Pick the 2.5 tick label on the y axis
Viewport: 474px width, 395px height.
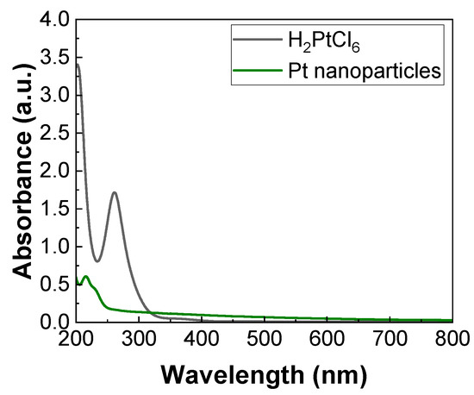(x=53, y=133)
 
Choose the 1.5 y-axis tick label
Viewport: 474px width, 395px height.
(x=53, y=209)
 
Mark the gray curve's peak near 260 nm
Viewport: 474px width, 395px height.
(x=114, y=193)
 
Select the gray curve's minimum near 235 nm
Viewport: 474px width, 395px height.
(x=97, y=261)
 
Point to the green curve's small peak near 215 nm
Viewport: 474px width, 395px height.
(x=85, y=277)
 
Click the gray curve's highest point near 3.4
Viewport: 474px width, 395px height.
(x=78, y=65)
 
